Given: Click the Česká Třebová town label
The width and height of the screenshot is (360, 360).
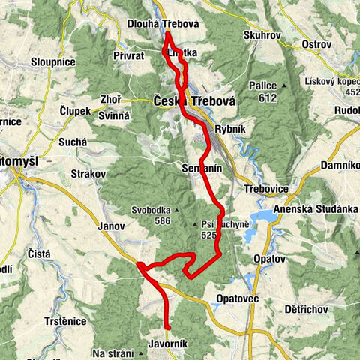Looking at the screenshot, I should coord(184,100).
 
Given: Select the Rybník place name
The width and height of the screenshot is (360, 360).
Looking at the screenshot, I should coord(230,129).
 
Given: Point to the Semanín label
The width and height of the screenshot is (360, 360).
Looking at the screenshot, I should coord(202,169).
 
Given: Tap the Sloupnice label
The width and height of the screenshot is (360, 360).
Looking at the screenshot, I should coord(52,60).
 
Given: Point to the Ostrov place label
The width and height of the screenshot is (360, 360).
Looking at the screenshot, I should coord(315,44).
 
